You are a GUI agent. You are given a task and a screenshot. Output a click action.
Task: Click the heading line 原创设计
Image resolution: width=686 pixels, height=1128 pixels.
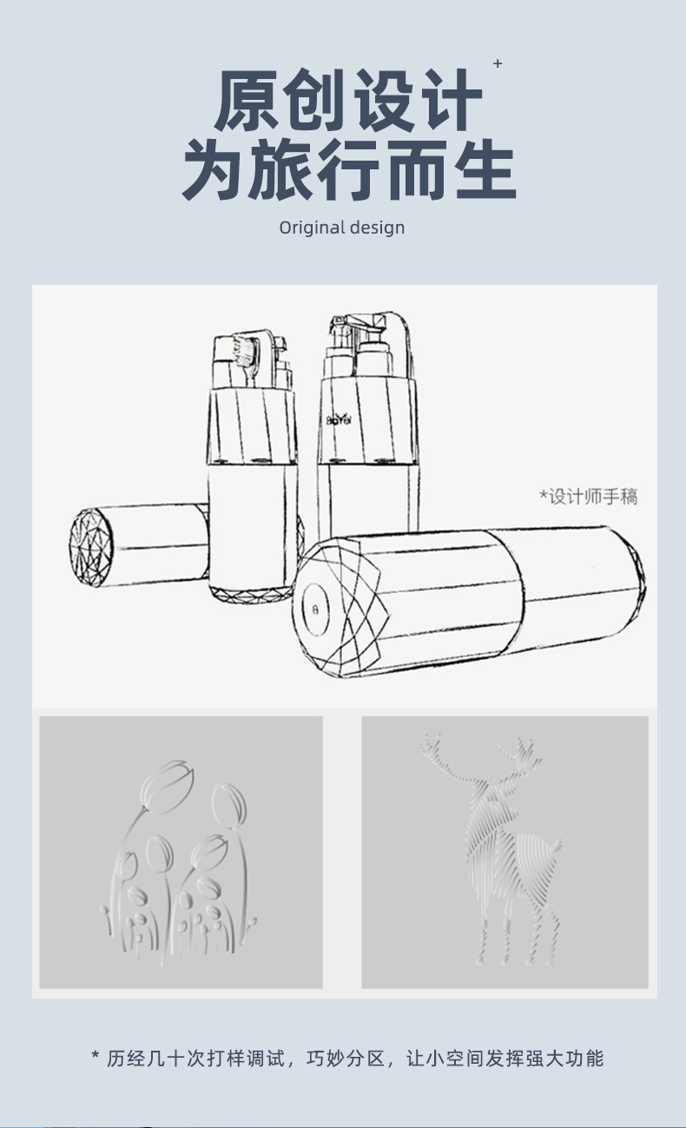tap(347, 100)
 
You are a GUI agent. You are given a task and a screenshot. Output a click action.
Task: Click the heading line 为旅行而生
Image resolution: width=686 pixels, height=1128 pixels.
tap(348, 169)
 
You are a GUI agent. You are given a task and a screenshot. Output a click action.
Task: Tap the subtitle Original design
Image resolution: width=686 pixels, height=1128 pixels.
tap(342, 228)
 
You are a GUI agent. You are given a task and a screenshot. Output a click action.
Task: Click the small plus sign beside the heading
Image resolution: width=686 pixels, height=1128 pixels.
tap(498, 63)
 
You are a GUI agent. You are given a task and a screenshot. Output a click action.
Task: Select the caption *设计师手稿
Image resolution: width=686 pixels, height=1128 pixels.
tap(588, 497)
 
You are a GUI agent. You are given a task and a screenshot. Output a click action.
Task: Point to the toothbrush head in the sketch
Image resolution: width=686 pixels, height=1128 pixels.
tap(247, 352)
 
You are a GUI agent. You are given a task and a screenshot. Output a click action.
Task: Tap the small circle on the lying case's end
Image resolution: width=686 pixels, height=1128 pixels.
tap(315, 609)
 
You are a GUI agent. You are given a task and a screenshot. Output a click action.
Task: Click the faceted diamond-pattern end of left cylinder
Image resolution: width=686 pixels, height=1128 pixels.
tap(91, 547)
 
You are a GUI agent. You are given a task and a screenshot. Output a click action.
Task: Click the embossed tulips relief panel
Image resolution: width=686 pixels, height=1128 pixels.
tap(181, 853)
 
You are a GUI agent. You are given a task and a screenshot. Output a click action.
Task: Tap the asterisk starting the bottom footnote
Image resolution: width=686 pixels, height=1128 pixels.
tap(96, 1055)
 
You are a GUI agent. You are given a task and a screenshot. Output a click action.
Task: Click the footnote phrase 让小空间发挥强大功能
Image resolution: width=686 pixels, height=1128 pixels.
tap(505, 1059)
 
